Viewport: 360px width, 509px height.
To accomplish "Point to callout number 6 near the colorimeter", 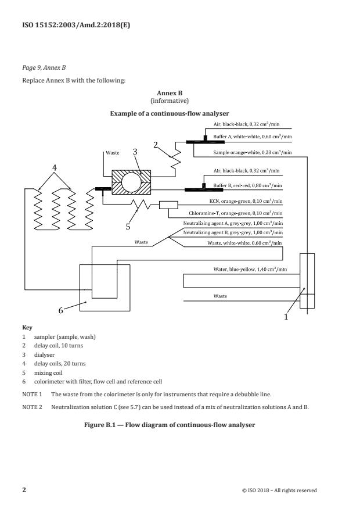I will [x=60, y=310].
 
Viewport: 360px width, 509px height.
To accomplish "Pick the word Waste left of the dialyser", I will [x=113, y=153].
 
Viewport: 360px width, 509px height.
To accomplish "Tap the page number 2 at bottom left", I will [x=24, y=490].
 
